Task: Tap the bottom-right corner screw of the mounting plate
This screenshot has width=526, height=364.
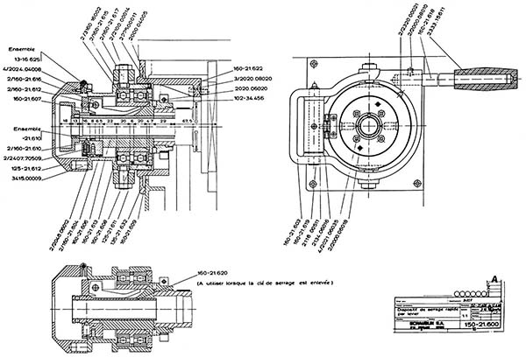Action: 421,187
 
